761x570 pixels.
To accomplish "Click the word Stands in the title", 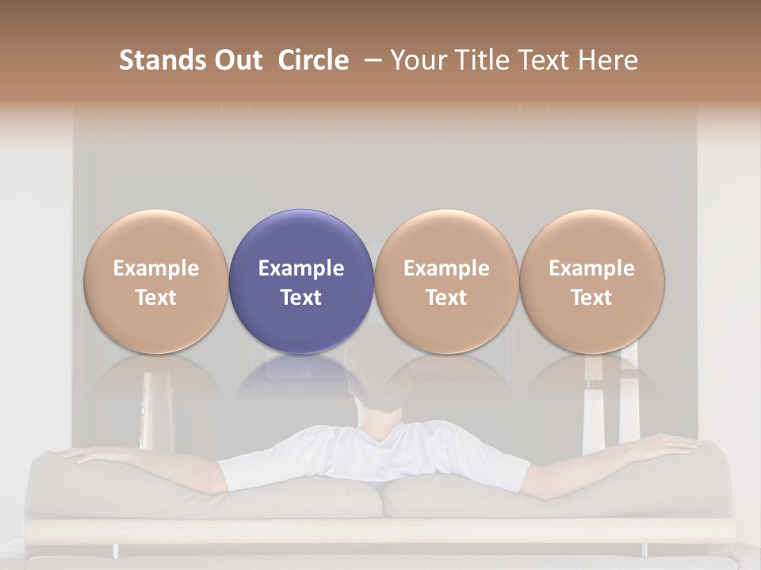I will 161,60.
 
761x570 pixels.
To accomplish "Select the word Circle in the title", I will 313,60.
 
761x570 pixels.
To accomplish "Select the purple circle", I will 301,282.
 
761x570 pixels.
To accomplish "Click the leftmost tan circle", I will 156,282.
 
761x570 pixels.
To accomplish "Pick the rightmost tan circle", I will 591,282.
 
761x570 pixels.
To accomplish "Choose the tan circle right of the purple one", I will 446,282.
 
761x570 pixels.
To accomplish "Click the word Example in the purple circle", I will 301,268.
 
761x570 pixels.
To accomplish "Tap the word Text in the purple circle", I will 301,298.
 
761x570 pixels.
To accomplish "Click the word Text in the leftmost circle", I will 156,298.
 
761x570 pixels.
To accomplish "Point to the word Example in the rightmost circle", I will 591,268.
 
